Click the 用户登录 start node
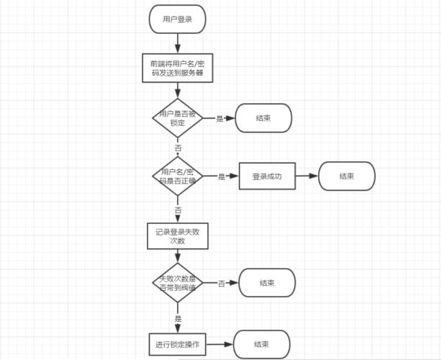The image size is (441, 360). (177, 19)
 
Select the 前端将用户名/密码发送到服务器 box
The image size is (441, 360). (177, 68)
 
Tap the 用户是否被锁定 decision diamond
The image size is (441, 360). (177, 118)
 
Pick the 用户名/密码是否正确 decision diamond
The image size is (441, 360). (177, 176)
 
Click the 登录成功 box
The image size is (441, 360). (267, 176)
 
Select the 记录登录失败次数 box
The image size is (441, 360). (177, 236)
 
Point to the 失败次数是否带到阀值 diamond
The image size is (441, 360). (177, 283)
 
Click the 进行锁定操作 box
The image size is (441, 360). (177, 345)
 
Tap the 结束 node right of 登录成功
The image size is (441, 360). (347, 176)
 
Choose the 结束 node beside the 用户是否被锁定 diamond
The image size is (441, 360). (263, 118)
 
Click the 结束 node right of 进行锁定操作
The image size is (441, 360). (262, 345)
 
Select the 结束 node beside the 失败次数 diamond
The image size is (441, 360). (267, 283)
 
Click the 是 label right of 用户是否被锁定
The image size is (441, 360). (220, 119)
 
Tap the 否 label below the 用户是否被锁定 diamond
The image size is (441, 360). (178, 148)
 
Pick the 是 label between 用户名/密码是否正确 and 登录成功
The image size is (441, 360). (222, 176)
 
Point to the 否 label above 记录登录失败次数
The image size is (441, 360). (178, 210)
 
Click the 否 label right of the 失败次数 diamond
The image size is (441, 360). (222, 284)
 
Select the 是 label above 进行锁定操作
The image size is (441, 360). (178, 318)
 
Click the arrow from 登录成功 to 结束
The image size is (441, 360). (307, 176)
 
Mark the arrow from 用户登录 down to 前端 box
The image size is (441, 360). (177, 42)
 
